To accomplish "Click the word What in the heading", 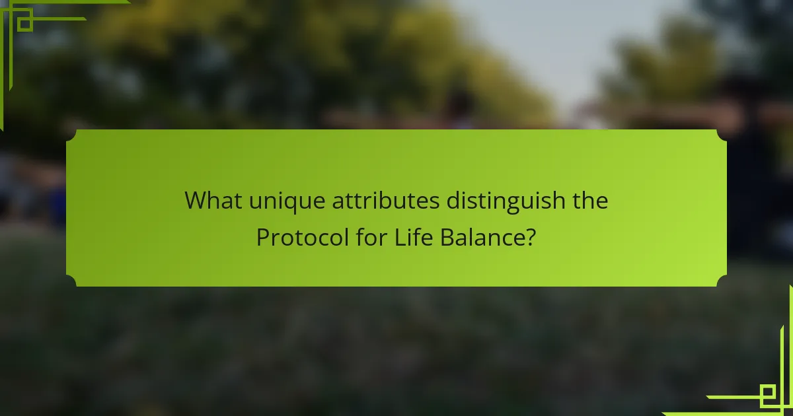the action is pos(213,201).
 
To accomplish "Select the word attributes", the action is pos(385,201).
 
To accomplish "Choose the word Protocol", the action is pos(303,237).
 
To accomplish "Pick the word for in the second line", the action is pos(371,237).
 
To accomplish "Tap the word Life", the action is pos(414,237).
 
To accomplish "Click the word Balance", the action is pos(483,237).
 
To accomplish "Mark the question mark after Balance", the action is pos(531,237).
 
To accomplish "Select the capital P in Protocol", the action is pos(263,237).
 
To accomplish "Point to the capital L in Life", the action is pos(400,237).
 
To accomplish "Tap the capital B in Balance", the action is pos(447,237).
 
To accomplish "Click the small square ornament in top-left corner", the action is pos(25,24).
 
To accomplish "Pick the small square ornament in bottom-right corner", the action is pos(768,392).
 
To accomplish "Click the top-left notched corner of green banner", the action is pos(71,135).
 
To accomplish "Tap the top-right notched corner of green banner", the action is pos(722,135).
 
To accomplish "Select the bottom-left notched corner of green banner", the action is pos(71,281).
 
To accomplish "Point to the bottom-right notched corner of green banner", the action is pos(722,281).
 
